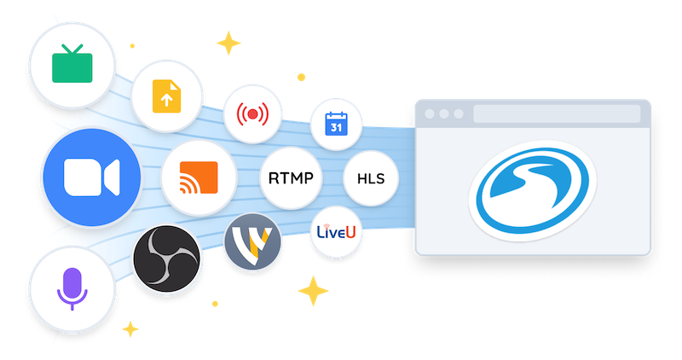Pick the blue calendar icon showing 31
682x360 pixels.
336,125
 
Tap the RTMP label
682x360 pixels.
291,179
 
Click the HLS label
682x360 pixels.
371,179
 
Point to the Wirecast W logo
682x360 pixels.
252,241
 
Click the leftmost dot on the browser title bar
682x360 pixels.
430,113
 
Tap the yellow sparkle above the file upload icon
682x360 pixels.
228,43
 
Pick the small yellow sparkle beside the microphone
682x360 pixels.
130,329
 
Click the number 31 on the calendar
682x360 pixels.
336,128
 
